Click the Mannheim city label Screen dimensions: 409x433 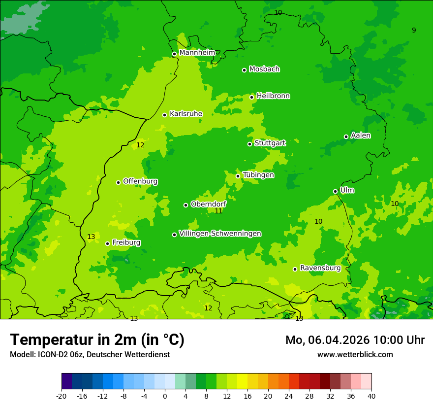point(197,52)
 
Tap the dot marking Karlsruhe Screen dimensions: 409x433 point(164,115)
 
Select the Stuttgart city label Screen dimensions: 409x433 point(270,143)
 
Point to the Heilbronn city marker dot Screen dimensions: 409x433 point(251,97)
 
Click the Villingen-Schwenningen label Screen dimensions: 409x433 point(220,234)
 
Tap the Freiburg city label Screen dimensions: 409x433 point(126,242)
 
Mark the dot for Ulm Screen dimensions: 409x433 point(335,191)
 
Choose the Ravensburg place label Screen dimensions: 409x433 point(320,268)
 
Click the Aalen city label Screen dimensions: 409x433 point(361,136)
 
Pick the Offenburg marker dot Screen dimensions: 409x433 point(118,182)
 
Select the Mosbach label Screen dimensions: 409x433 point(264,69)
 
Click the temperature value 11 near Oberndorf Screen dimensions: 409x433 point(218,211)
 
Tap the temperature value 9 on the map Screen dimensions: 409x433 point(414,30)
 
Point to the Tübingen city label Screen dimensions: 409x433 point(258,175)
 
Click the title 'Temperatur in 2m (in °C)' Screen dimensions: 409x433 point(97,340)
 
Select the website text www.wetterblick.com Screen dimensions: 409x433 point(355,354)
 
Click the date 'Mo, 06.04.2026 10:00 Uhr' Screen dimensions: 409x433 point(355,340)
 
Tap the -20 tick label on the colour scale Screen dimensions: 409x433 point(61,395)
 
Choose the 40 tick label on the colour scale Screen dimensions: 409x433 point(371,395)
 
